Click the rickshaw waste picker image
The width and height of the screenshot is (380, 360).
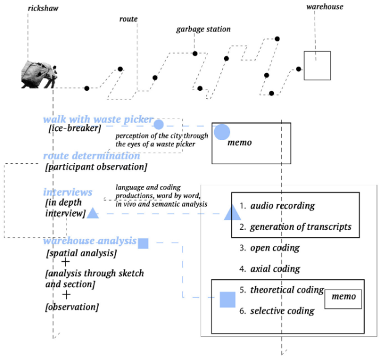tap(39, 75)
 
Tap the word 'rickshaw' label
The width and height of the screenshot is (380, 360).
tap(43, 8)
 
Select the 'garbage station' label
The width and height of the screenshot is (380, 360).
tap(204, 29)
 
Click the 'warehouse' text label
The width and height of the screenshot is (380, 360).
tap(324, 7)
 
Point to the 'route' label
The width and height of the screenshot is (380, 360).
tap(128, 19)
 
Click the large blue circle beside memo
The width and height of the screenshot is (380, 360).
tap(221, 132)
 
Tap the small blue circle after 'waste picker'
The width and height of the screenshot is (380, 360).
tap(159, 125)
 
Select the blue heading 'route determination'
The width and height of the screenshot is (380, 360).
tap(91, 156)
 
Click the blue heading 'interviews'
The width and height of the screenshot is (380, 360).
tap(68, 192)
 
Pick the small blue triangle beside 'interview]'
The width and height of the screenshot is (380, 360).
tap(93, 213)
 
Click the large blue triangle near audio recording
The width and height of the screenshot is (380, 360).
tap(232, 212)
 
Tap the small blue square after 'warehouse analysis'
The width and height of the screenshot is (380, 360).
tap(143, 243)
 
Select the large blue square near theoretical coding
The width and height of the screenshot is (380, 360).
tap(228, 299)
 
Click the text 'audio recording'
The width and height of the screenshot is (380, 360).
tap(283, 206)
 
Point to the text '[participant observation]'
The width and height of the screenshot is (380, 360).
tap(96, 167)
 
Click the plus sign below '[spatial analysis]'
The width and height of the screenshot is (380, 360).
tap(65, 262)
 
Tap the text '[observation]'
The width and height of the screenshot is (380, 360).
tap(72, 307)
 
